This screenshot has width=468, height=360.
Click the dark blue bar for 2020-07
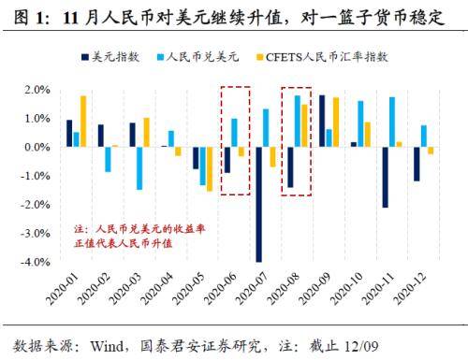[x=258, y=205]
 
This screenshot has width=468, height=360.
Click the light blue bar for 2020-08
[x=297, y=122]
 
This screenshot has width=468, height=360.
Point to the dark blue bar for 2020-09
[x=322, y=122]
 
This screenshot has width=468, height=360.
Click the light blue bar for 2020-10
[x=360, y=124]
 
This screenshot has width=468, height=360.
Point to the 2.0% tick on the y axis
[x=37, y=90]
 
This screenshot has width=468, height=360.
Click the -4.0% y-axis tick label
[x=35, y=263]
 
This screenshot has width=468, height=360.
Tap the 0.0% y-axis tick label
[x=37, y=148]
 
